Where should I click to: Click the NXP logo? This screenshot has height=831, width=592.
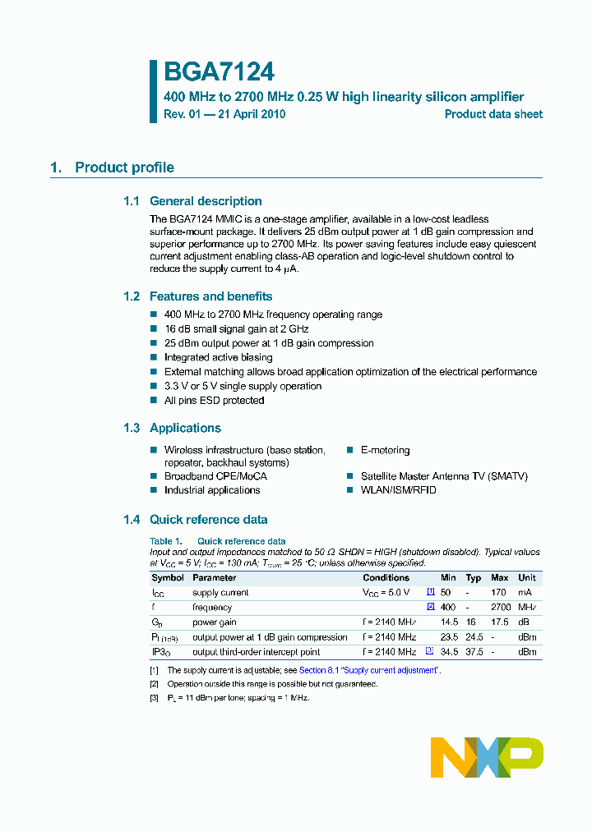coord(487,756)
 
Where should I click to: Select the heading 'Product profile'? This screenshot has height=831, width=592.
coord(124,168)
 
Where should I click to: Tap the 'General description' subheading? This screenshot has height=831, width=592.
coord(206,201)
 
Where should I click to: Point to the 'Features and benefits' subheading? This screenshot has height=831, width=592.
coord(210,296)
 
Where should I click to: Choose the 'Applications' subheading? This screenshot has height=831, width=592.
coord(185,428)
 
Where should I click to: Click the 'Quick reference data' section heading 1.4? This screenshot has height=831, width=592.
coord(208,520)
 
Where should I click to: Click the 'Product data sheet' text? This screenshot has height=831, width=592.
coord(493,115)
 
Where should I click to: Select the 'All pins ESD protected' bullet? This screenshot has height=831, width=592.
coord(214,401)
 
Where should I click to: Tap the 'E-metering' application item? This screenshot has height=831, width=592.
coord(385,450)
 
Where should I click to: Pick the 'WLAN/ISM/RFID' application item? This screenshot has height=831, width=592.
coord(398,490)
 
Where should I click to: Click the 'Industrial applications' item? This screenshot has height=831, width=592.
coord(212,490)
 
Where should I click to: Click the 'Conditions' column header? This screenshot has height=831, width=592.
coord(386,578)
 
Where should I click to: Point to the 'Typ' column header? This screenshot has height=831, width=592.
coord(474,578)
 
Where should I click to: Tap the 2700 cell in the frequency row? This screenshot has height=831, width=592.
coord(501,608)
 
